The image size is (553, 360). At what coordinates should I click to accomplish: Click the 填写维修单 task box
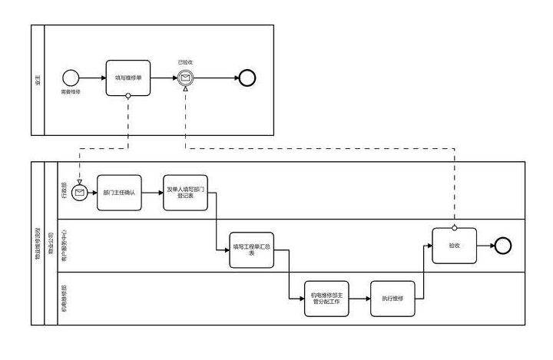tap(127, 78)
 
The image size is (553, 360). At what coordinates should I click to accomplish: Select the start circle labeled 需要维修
tap(71, 78)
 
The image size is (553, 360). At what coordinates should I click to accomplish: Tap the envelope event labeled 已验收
tap(185, 78)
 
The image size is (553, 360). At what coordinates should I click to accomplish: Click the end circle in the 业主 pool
tap(247, 78)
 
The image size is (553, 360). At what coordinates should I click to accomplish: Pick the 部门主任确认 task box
tap(119, 193)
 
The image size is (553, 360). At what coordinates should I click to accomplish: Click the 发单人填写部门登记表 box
tap(186, 193)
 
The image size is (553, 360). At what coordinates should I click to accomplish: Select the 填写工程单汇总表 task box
tap(251, 250)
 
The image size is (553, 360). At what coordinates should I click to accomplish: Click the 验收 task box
tap(454, 246)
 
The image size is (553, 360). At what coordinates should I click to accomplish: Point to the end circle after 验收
tap(503, 246)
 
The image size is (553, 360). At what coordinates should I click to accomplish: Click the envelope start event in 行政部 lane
tap(79, 193)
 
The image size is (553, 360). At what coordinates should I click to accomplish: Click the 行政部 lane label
tap(65, 190)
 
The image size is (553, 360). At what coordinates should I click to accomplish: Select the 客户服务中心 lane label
tap(65, 246)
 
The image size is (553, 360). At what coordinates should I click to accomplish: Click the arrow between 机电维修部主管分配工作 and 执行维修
tap(361, 299)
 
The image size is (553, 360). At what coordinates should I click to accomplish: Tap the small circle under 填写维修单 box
tap(127, 96)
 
